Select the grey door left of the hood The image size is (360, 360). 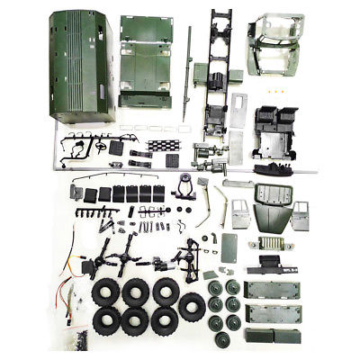point(241,216)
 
